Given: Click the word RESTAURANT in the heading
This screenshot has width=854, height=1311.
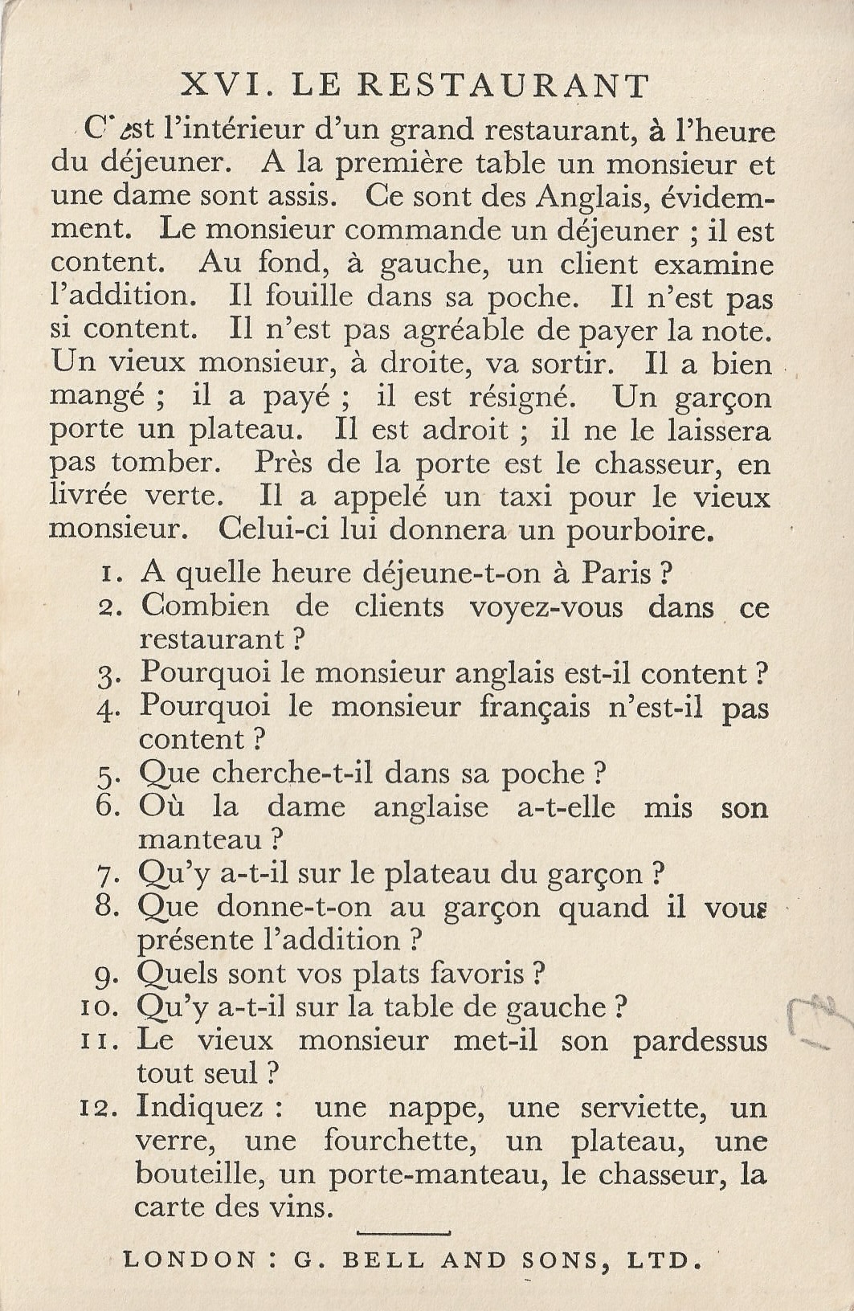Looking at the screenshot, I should pos(504,85).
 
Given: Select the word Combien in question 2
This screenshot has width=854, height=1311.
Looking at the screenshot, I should pos(206,606).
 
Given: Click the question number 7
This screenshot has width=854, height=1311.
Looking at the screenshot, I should pos(107,874).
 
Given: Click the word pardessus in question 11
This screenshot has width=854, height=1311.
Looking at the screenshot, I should pos(700,1042).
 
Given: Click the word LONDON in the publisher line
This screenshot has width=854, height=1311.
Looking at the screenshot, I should pos(189,1260).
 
